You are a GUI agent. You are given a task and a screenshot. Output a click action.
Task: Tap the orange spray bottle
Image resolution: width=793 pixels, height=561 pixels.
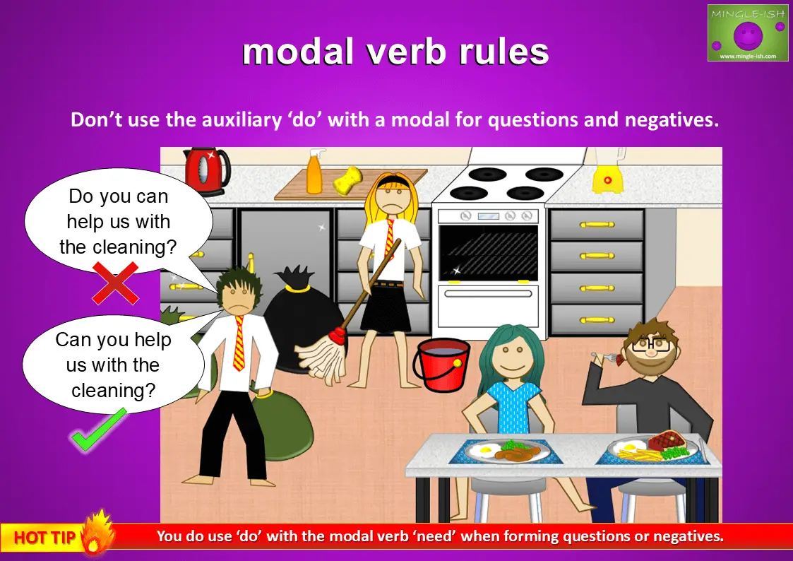pos(314,173)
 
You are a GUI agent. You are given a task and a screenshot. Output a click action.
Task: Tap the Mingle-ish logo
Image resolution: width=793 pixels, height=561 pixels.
pos(747,33)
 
